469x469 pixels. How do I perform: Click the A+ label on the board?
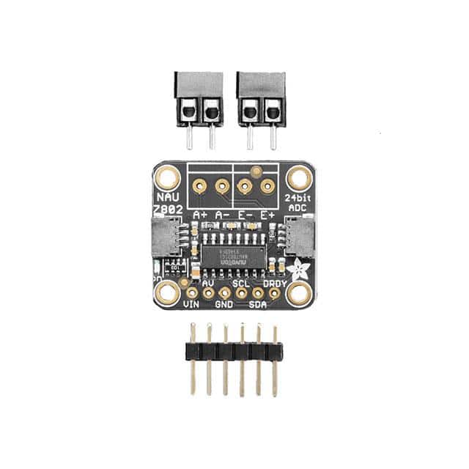click(x=199, y=214)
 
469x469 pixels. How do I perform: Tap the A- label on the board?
click(x=222, y=214)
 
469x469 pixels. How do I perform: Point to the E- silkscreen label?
click(x=246, y=214)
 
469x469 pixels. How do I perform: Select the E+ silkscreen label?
click(x=269, y=214)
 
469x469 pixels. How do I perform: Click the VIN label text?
click(x=191, y=303)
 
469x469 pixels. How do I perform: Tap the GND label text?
click(x=225, y=304)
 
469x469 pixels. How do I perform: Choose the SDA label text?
click(x=258, y=304)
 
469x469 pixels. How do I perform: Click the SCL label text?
click(x=241, y=282)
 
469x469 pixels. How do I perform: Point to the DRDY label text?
click(x=274, y=282)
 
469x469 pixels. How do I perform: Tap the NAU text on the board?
click(x=166, y=198)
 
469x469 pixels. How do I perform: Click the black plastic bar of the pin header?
click(x=234, y=350)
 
